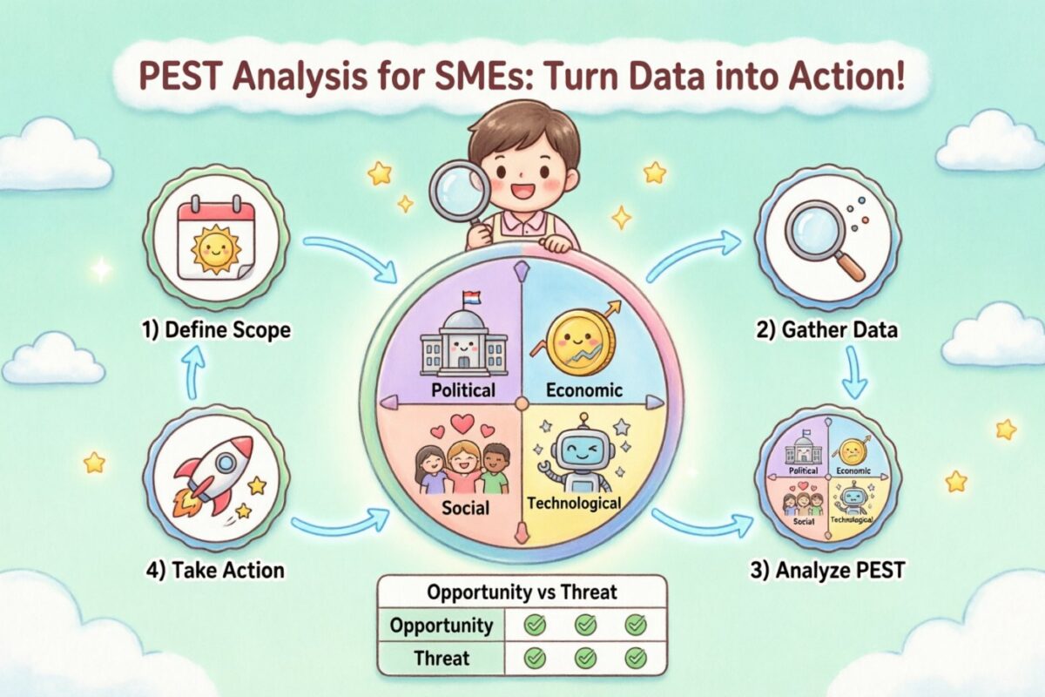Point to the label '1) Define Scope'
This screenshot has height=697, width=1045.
pyautogui.click(x=217, y=331)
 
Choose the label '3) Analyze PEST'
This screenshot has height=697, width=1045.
pyautogui.click(x=827, y=572)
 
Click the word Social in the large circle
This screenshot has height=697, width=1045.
pyautogui.click(x=465, y=507)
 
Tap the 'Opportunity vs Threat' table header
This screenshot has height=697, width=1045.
pyautogui.click(x=522, y=592)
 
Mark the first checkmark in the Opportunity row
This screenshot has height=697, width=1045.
pyautogui.click(x=535, y=625)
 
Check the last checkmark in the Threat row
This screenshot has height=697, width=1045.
pyautogui.click(x=637, y=658)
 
